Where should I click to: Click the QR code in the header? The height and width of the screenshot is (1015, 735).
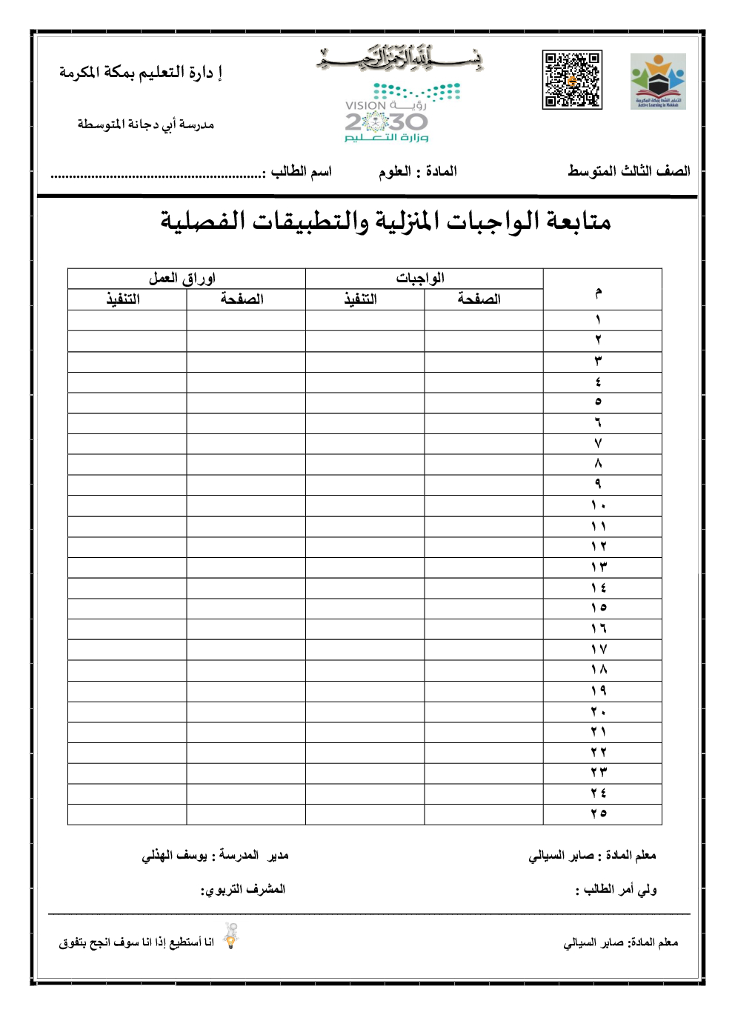[572, 80]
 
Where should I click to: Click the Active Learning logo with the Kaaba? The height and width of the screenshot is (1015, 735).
[658, 81]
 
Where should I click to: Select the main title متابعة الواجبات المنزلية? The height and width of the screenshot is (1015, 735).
[385, 221]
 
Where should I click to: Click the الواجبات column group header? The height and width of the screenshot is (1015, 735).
[420, 279]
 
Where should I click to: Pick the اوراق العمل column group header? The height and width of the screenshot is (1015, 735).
[182, 279]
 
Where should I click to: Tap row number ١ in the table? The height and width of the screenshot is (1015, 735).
[599, 320]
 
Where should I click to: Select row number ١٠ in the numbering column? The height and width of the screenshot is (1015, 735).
[599, 506]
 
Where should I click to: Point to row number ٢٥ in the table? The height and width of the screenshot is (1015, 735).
[599, 814]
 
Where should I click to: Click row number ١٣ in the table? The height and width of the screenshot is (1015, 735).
[599, 568]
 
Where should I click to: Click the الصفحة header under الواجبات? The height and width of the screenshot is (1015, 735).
[479, 299]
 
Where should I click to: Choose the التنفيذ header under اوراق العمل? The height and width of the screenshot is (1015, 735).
[123, 299]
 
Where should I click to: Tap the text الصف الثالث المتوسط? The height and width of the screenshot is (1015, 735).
[628, 171]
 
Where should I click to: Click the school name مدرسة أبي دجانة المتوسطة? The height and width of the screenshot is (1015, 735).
[146, 124]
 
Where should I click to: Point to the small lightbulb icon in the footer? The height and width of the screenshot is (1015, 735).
[231, 937]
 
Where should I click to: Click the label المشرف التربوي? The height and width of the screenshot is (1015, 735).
[243, 889]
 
